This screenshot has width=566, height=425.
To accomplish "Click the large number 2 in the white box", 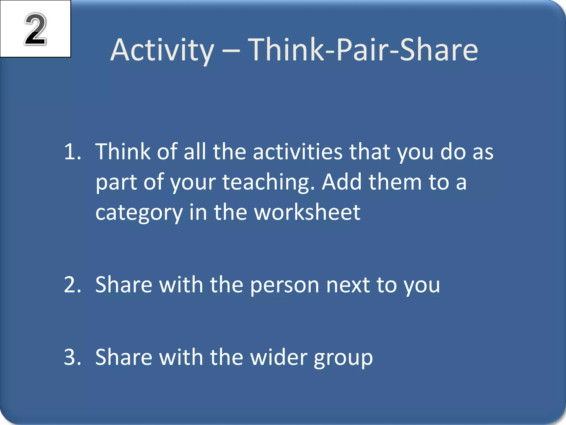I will (35, 29).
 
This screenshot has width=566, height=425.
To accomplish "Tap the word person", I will (285, 285).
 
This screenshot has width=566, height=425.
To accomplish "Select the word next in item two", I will (348, 285).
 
